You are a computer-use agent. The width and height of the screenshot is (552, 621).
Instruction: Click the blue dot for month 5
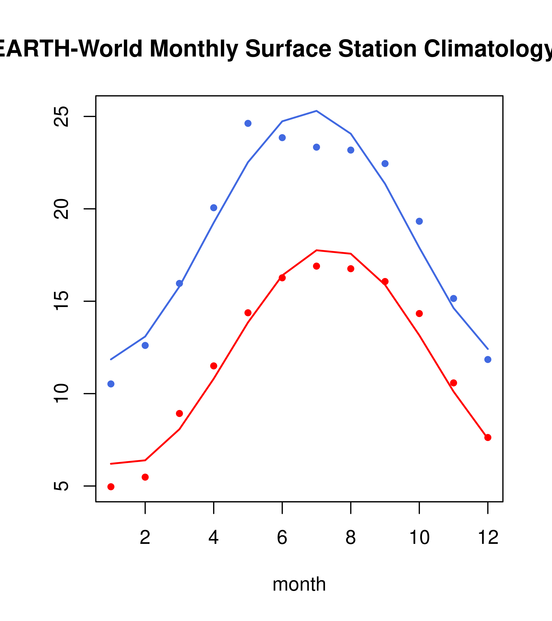[x=248, y=123]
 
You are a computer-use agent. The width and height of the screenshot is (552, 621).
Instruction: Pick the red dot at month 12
[x=488, y=438]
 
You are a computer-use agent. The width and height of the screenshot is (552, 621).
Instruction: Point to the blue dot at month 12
[x=488, y=359]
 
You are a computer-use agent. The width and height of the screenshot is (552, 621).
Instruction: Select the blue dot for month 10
[x=419, y=221]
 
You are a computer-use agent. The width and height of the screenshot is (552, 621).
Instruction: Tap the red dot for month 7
[x=316, y=266]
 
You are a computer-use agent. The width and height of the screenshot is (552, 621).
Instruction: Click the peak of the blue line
[x=316, y=111]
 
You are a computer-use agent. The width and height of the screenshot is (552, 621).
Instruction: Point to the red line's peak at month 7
[x=316, y=250]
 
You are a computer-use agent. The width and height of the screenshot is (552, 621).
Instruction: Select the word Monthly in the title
[x=194, y=49]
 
